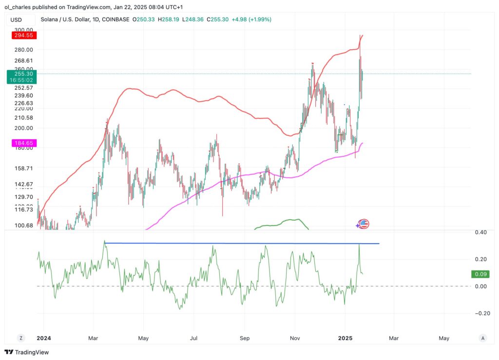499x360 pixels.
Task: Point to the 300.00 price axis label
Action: tap(23, 29)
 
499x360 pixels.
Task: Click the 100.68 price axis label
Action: tap(23, 225)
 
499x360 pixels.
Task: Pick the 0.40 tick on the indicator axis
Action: tap(480, 232)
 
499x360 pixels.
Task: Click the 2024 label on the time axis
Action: tap(43, 338)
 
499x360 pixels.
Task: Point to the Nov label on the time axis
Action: tap(294, 338)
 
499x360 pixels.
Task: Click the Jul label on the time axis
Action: tap(193, 338)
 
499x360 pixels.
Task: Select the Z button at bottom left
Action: tap(21, 338)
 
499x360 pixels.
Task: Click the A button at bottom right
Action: tap(482, 338)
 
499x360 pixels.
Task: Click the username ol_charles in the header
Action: tap(20, 7)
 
